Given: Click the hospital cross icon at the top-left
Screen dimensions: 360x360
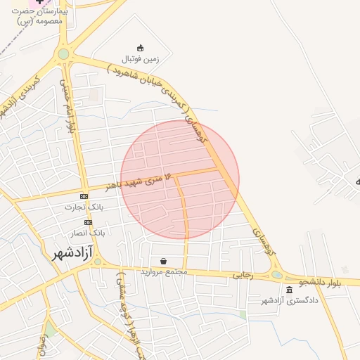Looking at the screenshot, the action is (38, 3).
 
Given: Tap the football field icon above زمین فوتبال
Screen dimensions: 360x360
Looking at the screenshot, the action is (140, 48).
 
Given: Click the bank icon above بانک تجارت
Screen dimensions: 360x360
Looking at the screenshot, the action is (84, 196).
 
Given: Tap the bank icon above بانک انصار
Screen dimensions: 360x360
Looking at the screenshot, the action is (88, 222).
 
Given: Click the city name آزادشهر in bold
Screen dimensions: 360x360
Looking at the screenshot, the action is (73, 253).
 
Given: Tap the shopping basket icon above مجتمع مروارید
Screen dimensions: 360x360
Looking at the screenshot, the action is (163, 260).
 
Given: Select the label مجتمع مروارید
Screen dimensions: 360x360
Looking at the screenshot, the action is (162, 271).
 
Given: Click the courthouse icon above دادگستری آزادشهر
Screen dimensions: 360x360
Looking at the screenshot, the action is (290, 290).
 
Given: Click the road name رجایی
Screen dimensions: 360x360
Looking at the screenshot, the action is (244, 275).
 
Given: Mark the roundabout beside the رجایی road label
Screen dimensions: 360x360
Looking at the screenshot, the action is (277, 275).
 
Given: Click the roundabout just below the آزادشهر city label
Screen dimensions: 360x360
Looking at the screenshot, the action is (98, 262).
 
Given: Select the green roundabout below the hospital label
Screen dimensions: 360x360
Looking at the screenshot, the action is (64, 53).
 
